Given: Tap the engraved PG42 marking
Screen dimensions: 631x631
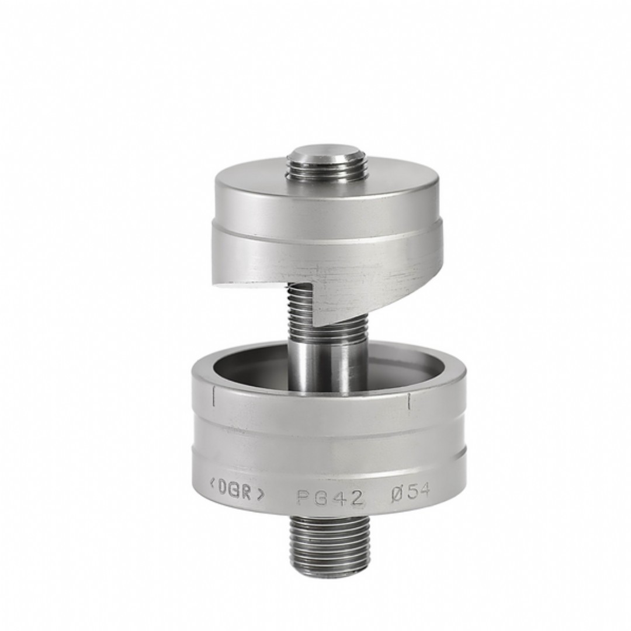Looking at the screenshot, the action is click(330, 498).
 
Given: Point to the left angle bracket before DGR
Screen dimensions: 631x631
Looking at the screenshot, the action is click(212, 485).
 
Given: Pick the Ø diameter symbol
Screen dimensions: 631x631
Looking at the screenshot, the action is click(397, 495).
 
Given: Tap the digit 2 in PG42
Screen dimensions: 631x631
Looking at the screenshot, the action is click(356, 499).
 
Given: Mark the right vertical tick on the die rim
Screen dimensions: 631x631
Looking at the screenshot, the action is click(409, 401).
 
